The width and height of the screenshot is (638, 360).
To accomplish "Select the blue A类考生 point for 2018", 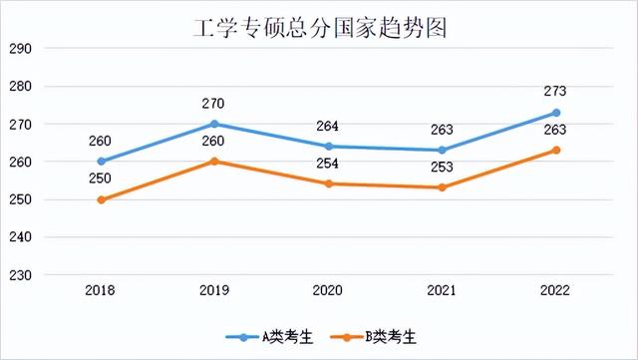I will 101,162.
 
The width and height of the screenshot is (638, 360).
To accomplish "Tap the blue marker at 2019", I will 214,124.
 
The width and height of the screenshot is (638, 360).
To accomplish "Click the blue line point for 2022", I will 556,113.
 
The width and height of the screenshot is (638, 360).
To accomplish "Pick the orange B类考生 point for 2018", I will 101,199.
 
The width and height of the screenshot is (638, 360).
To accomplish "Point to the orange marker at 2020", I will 328,183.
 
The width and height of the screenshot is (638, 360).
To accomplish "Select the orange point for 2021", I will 442,187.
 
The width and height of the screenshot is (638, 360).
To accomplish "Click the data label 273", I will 556,92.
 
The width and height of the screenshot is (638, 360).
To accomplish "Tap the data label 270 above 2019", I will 214,103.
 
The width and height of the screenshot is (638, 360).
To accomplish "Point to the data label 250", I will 101,179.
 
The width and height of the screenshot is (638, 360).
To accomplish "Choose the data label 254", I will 328,164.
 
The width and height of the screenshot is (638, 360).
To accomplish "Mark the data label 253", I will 442,168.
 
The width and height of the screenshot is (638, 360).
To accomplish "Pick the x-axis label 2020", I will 328,290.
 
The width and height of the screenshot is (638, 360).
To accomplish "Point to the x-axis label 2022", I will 556,290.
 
